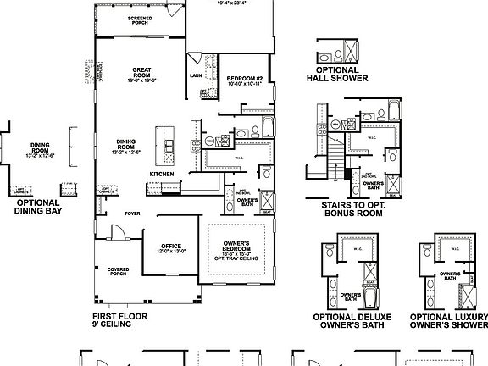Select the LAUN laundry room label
(195, 75)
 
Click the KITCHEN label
(162, 175)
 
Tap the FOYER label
(133, 213)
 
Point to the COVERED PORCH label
(118, 272)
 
